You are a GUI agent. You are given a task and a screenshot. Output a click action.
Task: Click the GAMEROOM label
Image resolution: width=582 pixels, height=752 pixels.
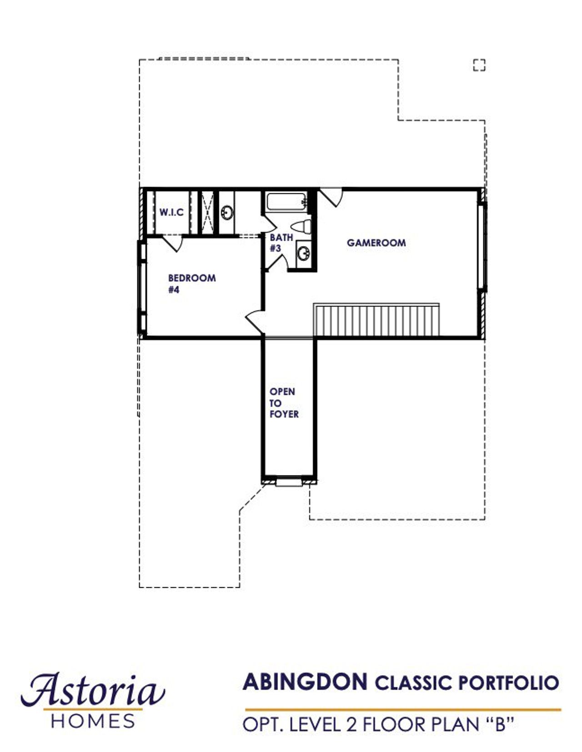pos(376,243)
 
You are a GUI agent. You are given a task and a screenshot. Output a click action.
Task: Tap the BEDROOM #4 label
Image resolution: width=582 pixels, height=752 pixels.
pos(191,283)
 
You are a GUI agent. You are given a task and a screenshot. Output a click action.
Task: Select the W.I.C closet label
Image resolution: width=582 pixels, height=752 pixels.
pos(171,212)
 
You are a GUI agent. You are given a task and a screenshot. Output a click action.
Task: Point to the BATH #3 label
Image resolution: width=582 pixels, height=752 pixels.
pos(281,243)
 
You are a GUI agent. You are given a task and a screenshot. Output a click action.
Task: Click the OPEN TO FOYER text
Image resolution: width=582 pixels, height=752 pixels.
pos(284,403)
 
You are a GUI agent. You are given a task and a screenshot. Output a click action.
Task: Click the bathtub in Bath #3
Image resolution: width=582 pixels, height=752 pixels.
pos(286,202)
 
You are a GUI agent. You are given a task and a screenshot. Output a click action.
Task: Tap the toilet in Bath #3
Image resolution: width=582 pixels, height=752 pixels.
pos(301,226)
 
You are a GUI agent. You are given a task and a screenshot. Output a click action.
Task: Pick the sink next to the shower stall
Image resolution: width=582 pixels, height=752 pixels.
pos(226,212)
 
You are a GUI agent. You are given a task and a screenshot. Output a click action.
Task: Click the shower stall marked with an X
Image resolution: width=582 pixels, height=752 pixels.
pos(207,212)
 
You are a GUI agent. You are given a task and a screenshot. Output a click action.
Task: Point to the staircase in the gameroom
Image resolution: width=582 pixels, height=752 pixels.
pos(376,320)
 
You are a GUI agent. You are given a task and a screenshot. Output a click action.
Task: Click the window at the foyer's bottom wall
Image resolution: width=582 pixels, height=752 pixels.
pos(289,481)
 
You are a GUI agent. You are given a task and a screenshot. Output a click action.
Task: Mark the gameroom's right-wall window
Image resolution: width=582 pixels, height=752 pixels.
pos(482,246)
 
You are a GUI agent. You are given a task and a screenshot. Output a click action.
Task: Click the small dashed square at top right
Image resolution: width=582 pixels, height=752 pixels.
pos(479,66)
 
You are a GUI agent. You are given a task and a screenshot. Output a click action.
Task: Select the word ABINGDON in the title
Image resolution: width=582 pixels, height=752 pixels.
pos(305,682)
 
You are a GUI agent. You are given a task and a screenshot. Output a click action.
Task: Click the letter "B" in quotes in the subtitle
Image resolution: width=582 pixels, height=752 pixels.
pos(500,724)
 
